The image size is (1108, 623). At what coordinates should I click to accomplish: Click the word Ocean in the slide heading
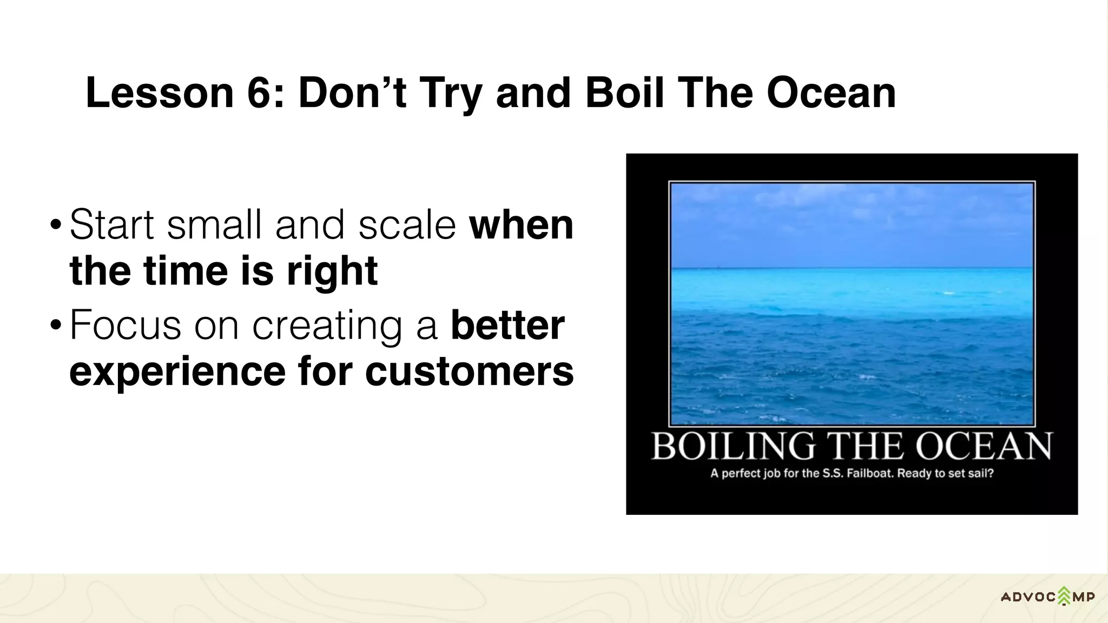(x=831, y=93)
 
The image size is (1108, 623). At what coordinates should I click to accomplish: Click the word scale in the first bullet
(x=407, y=224)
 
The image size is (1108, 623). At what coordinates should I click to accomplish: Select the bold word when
(x=521, y=224)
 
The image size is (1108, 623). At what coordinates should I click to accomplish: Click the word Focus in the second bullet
(x=125, y=325)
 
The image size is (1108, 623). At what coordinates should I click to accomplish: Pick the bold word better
(x=507, y=325)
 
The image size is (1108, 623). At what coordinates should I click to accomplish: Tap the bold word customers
(x=469, y=372)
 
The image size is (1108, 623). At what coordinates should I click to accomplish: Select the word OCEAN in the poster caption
(x=983, y=447)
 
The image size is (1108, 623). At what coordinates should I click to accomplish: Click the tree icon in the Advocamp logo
(x=1064, y=596)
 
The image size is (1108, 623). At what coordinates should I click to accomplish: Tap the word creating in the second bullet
(x=327, y=325)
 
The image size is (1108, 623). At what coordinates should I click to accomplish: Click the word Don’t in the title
(x=352, y=93)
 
